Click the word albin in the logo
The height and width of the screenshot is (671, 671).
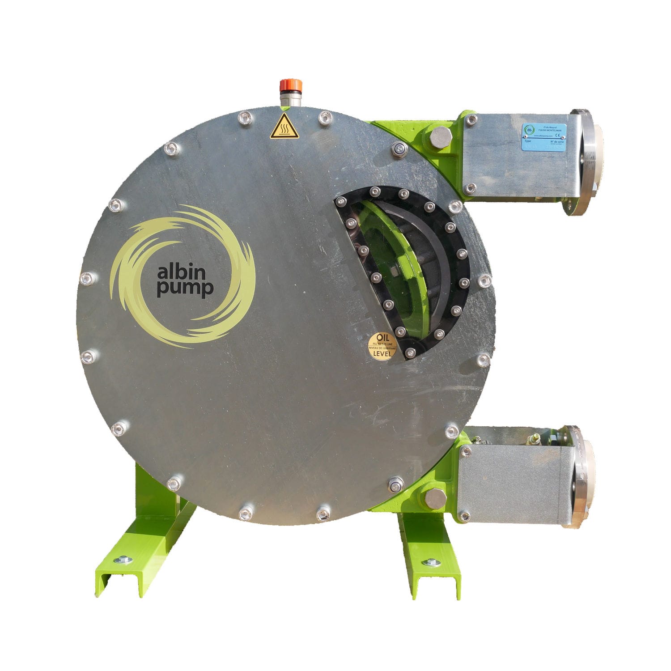[178, 272]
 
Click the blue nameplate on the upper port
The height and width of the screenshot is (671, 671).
[544, 136]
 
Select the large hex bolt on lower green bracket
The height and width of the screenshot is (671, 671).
[434, 499]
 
